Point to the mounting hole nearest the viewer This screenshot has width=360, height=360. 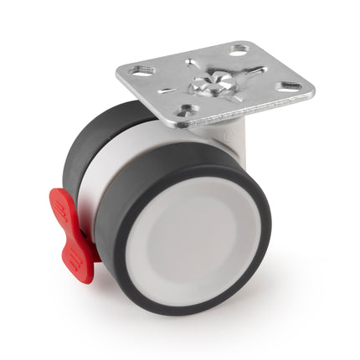point(186,110)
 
